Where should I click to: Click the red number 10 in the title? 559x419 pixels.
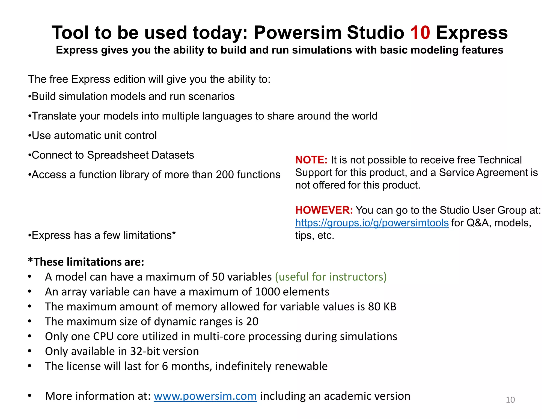pyautogui.click(x=420, y=33)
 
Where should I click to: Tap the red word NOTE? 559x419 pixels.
pyautogui.click(x=311, y=160)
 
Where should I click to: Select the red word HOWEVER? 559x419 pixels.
pyautogui.click(x=324, y=210)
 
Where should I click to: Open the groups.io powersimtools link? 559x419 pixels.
pyautogui.click(x=372, y=223)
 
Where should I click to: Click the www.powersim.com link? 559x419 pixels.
pyautogui.click(x=205, y=396)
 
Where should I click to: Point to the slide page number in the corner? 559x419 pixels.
pyautogui.click(x=510, y=400)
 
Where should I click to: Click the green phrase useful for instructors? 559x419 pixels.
pyautogui.click(x=331, y=277)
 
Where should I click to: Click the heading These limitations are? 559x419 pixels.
pyautogui.click(x=86, y=262)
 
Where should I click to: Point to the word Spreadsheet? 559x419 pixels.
pyautogui.click(x=118, y=155)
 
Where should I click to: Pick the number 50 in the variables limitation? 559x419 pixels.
pyautogui.click(x=218, y=277)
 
